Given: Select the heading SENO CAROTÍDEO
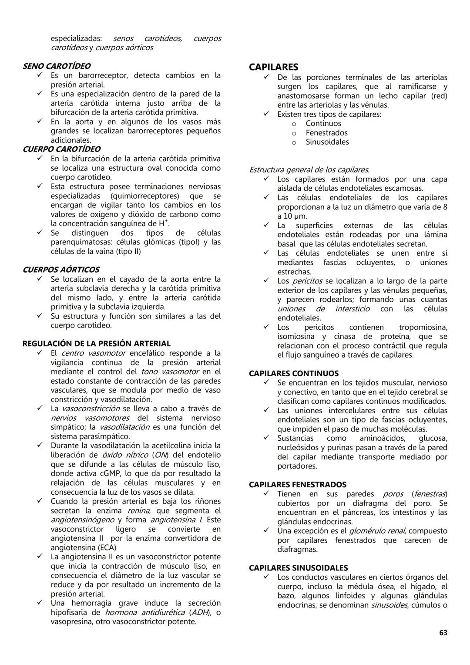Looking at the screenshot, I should (x=57, y=66).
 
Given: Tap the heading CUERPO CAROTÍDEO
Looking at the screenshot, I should (x=61, y=149).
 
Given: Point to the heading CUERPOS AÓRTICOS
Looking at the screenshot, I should (x=61, y=270).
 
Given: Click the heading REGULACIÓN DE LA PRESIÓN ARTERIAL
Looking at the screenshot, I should (x=97, y=344).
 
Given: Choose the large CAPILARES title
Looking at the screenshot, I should (x=273, y=67).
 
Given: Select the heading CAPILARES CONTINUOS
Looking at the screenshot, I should (x=294, y=373).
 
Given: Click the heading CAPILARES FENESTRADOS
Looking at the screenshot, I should (x=298, y=484).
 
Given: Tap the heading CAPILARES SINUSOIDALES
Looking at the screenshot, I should (x=299, y=568).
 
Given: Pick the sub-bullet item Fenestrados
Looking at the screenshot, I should (x=326, y=133).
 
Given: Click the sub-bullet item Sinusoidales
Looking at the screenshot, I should (x=327, y=142).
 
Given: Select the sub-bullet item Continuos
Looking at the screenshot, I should (x=323, y=124).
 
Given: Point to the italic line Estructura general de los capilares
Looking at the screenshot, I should (x=309, y=170).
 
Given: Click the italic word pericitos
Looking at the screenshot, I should (x=307, y=281).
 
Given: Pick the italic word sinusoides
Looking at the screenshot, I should (x=389, y=605).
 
